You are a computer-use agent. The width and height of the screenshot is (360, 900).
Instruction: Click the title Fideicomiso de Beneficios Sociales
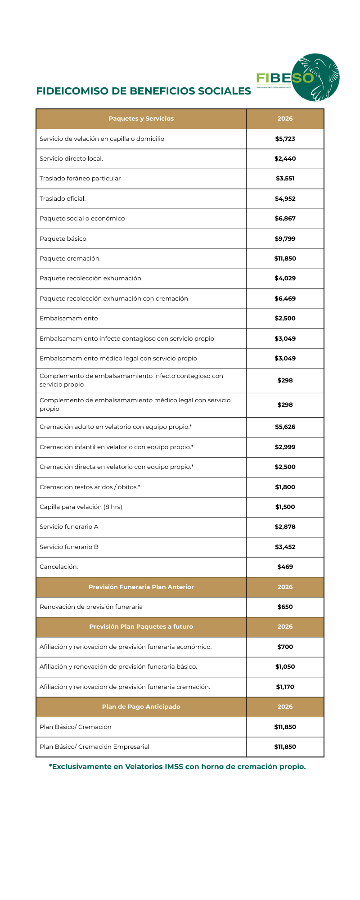point(144,91)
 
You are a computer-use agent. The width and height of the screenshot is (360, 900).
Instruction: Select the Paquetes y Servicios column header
point(141,119)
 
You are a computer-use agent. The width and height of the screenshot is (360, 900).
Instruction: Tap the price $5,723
point(285,139)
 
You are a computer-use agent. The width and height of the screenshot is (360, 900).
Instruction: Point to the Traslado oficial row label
point(63,199)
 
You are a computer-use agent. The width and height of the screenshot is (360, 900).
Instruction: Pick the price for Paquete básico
point(285,239)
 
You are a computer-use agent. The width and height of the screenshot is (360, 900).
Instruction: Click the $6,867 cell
point(285,219)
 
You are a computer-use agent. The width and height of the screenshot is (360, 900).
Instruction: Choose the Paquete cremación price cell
point(285,259)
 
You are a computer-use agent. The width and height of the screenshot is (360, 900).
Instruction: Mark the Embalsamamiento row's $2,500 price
point(285,319)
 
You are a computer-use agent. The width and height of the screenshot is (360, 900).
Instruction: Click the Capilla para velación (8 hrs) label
point(81,507)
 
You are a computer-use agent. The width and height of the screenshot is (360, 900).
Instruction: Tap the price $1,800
point(285,487)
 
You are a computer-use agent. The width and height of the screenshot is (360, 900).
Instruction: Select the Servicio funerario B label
point(69,547)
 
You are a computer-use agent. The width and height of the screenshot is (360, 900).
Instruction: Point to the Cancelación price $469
point(285,567)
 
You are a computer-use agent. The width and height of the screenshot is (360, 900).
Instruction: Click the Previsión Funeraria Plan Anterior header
point(141,587)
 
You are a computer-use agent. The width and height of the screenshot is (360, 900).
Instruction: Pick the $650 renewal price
point(285,607)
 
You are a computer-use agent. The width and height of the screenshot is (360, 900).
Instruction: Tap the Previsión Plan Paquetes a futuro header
point(141,627)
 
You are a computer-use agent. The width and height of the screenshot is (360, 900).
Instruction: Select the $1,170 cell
point(285,687)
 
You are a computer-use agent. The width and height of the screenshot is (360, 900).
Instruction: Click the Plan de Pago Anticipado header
point(141,707)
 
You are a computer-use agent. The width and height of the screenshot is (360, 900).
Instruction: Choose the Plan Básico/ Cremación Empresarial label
point(94,747)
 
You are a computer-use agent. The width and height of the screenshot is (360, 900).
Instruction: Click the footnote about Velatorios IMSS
point(177,767)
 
